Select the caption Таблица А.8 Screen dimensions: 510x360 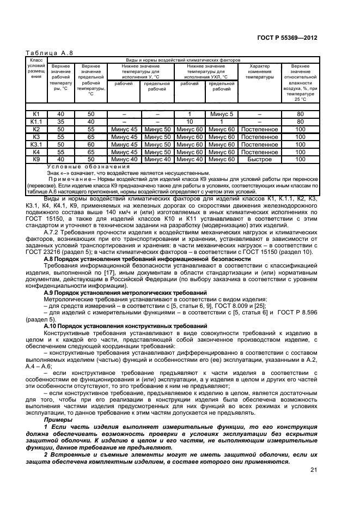coord(50,53)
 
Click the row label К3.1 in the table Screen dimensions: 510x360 coord(36,144)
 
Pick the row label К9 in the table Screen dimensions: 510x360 coord(36,159)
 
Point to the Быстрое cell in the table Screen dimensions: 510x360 coord(260,159)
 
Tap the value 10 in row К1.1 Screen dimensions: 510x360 coord(190,122)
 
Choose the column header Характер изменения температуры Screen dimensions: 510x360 coord(260,72)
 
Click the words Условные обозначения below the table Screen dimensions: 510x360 coord(89,166)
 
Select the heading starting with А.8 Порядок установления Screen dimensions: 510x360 coord(147,259)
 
